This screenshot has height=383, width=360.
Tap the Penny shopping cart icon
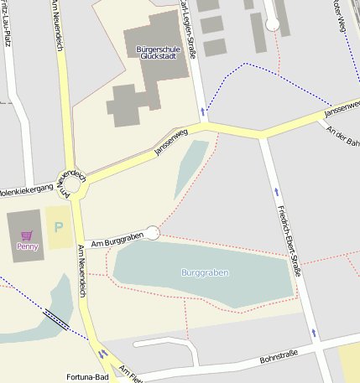click(x=27, y=235)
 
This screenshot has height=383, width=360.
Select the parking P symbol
click(x=59, y=227)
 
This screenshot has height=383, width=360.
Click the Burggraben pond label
click(x=205, y=272)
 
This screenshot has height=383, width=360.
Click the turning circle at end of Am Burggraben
click(x=152, y=233)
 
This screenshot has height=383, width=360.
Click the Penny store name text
click(x=27, y=246)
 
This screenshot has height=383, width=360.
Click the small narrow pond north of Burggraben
click(x=191, y=168)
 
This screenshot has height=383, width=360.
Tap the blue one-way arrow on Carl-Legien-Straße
click(x=202, y=110)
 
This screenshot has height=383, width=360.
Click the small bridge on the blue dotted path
click(x=56, y=319)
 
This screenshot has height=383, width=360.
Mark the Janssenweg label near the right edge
click(x=342, y=108)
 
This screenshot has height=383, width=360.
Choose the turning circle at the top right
click(x=272, y=25)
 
